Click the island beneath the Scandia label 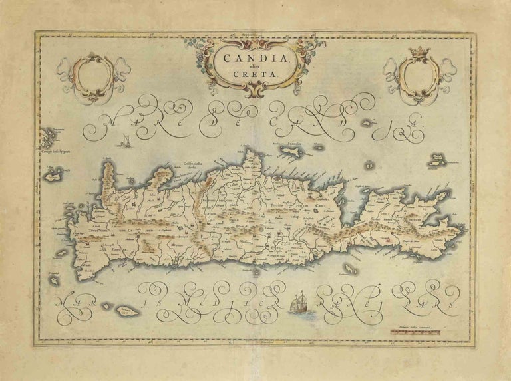click(x=291, y=154)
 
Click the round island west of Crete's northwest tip click(x=51, y=177)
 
